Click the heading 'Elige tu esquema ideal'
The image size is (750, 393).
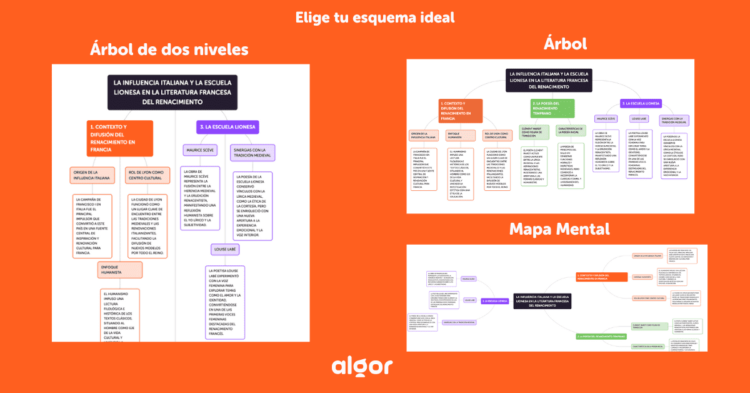[375, 17]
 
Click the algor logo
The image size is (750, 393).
[362, 367]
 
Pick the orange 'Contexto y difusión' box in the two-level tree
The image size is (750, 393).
[119, 138]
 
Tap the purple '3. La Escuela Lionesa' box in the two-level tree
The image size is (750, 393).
[227, 127]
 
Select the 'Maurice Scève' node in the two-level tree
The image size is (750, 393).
[199, 150]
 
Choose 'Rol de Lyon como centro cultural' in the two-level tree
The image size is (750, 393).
[146, 175]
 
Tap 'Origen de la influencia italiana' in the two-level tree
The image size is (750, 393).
[92, 175]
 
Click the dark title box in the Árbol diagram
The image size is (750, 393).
[549, 80]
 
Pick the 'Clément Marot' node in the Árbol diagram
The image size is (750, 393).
[533, 131]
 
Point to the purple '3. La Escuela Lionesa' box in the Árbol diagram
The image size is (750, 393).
[641, 103]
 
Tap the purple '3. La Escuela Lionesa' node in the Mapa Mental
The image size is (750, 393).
[493, 301]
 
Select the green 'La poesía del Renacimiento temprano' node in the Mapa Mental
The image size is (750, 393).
[600, 337]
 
